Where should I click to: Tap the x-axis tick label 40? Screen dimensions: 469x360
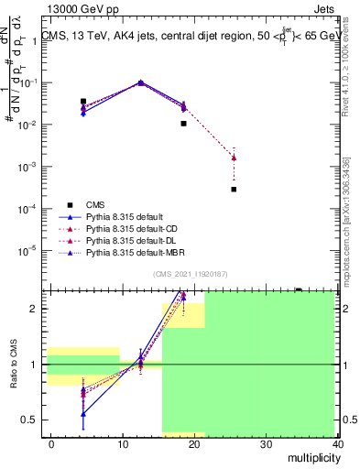(338, 443)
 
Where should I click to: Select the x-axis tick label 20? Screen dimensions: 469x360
(194, 443)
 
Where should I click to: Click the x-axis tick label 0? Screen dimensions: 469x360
(51, 443)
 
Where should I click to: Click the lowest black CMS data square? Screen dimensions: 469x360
(235, 190)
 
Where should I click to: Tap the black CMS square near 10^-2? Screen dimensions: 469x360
(184, 123)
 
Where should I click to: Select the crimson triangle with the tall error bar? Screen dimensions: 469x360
(235, 158)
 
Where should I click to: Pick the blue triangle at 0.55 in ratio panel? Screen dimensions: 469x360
(83, 414)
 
